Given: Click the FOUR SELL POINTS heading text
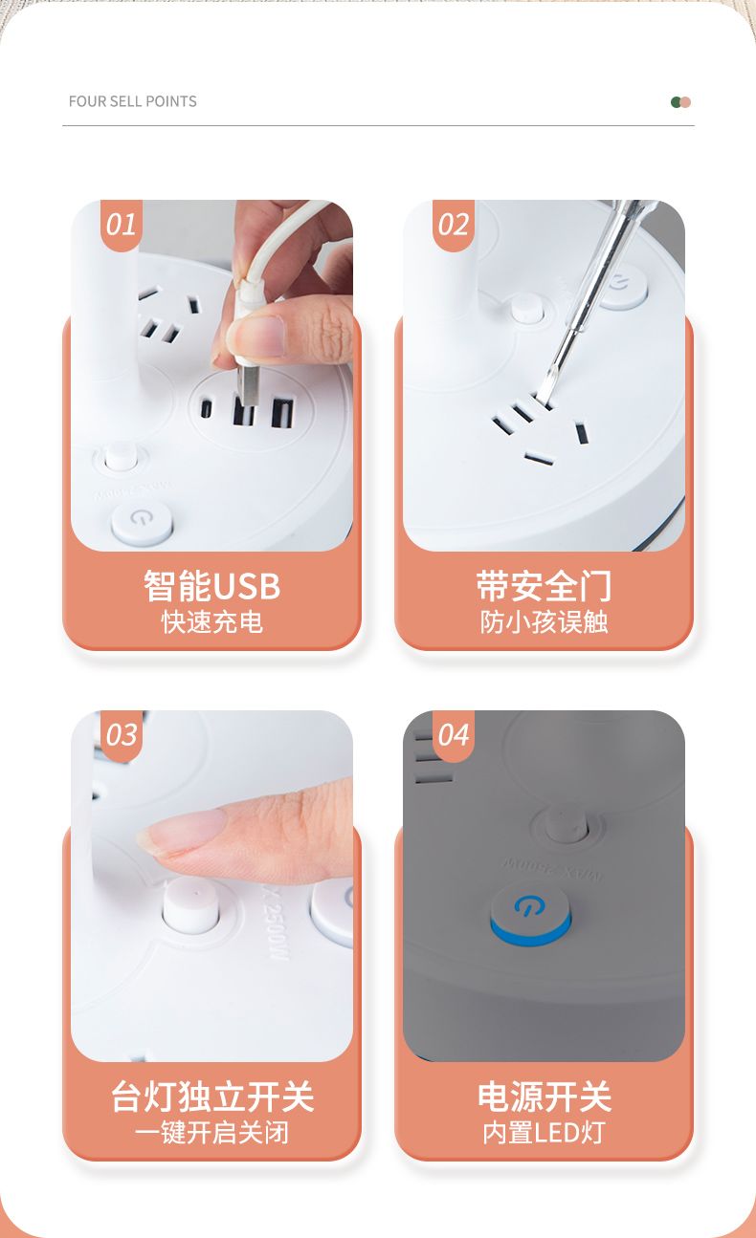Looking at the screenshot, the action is [x=132, y=101].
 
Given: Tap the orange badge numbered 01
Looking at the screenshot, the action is [x=122, y=226].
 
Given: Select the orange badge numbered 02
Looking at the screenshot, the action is [x=454, y=226].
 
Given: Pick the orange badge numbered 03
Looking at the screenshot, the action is [x=122, y=736].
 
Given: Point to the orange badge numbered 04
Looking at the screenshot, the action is [x=454, y=736].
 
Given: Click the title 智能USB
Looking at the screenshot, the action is [x=212, y=586].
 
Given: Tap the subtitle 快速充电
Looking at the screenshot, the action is [x=212, y=622].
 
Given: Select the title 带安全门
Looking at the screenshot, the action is [x=544, y=586].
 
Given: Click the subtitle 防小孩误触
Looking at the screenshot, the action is [x=544, y=622].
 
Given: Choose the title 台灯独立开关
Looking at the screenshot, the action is [x=212, y=1097].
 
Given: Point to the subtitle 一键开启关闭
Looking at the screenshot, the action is [x=212, y=1133].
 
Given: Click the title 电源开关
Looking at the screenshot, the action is [x=544, y=1097].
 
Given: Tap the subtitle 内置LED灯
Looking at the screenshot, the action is [x=544, y=1133].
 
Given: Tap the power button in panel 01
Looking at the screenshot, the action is [x=142, y=522].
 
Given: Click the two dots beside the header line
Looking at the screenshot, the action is [x=680, y=102].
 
